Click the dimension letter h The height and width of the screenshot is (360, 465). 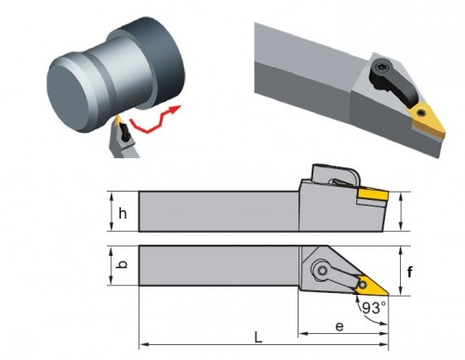pyautogui.click(x=123, y=214)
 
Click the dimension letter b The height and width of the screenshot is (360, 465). pyautogui.click(x=123, y=264)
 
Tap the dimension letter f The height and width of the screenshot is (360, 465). pyautogui.click(x=410, y=272)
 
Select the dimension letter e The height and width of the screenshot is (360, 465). pyautogui.click(x=339, y=327)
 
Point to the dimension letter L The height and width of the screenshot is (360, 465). pyautogui.click(x=258, y=338)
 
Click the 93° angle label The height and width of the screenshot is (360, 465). pyautogui.click(x=375, y=308)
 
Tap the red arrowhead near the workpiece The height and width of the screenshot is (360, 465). pyautogui.click(x=175, y=109)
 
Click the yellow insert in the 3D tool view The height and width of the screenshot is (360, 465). pyautogui.click(x=428, y=122)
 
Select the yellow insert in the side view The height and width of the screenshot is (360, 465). pyautogui.click(x=373, y=194)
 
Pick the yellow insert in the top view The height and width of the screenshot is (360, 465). pyautogui.click(x=370, y=286)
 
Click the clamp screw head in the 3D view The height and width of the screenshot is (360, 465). pyautogui.click(x=381, y=67)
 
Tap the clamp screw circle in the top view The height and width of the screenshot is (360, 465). pyautogui.click(x=323, y=271)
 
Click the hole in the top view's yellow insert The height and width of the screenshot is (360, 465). pyautogui.click(x=363, y=285)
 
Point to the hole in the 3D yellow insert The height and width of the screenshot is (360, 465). pyautogui.click(x=420, y=113)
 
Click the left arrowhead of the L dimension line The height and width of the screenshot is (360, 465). pyautogui.click(x=143, y=344)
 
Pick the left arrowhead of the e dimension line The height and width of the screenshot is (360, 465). pyautogui.click(x=302, y=334)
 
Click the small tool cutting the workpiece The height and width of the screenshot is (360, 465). pyautogui.click(x=124, y=138)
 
